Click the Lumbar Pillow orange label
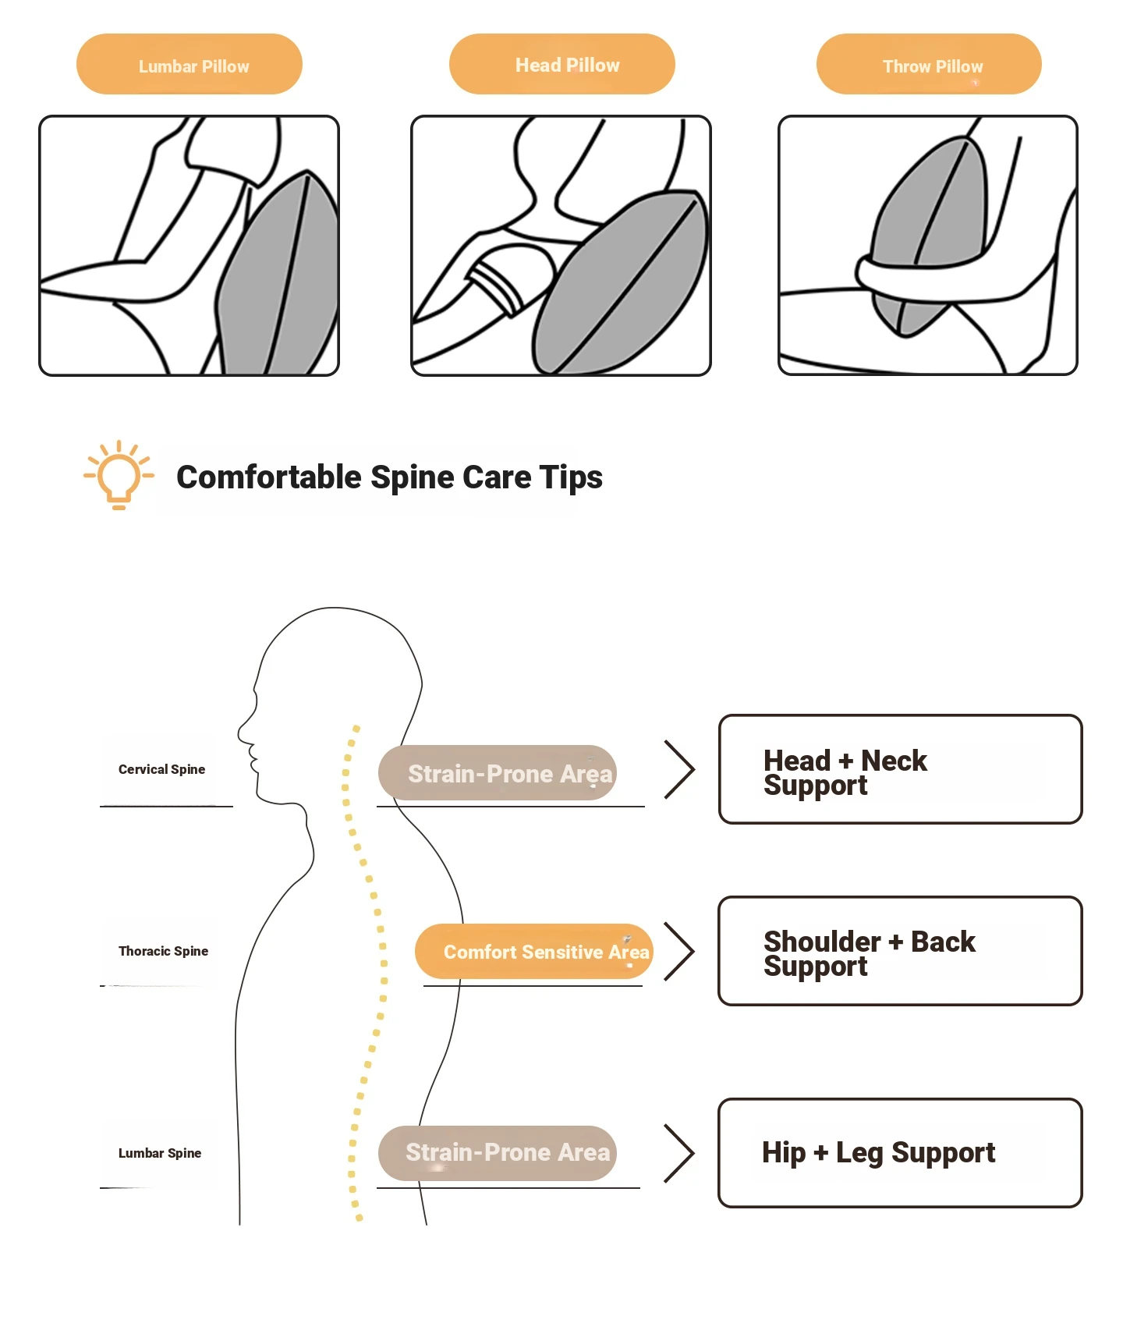coord(190,65)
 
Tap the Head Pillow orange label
coord(562,65)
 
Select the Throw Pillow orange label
coord(929,65)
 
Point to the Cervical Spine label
coord(161,769)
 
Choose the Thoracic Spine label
coord(163,951)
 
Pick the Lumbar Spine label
coord(160,1153)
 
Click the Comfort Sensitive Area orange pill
coord(534,952)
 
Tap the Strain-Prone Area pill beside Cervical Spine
coord(498,773)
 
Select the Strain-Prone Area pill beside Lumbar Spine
coord(498,1153)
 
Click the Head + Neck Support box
coord(900,769)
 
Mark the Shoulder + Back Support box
coord(900,951)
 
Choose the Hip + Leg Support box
coord(900,1153)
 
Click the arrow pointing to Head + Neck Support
coord(679,769)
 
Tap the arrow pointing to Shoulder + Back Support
coord(679,951)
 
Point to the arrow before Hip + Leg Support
coord(679,1153)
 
